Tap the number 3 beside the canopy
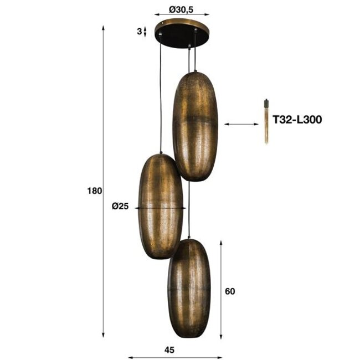138,32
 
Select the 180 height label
95,191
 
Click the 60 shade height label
230,291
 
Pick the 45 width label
170,349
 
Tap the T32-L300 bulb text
297,119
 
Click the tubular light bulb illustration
266,121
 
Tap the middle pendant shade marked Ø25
160,206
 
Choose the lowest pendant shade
189,288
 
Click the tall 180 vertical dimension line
104,183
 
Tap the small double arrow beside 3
145,32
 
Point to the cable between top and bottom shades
189,210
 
